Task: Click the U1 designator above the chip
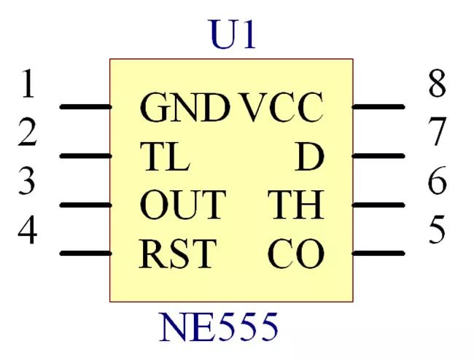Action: point(233,34)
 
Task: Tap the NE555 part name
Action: point(218,327)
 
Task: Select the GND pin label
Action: point(184,107)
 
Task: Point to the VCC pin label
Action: point(281,107)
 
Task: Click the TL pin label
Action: point(165,157)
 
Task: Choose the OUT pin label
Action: point(183,205)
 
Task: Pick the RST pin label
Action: point(178,254)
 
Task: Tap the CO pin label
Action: point(295,254)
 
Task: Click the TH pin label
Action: point(296,205)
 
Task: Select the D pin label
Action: point(309,157)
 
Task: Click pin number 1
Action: point(28,83)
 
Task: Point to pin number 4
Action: point(28,230)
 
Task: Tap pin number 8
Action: point(437,83)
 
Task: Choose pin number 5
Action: point(437,230)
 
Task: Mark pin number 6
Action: point(437,180)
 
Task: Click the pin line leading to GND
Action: point(86,106)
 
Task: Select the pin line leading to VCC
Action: point(378,106)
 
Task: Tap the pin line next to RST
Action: point(86,253)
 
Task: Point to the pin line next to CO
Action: point(378,253)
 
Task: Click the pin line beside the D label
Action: point(378,156)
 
